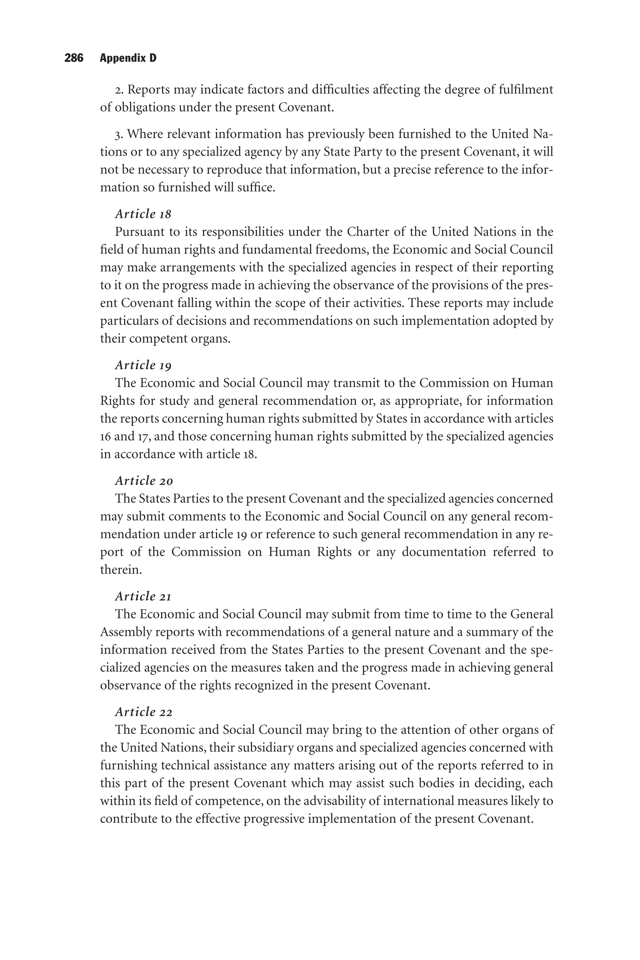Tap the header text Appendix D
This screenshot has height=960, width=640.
coord(128,58)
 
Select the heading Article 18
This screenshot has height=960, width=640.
coord(143,214)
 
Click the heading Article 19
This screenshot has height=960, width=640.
coord(143,365)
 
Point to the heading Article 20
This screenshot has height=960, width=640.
coord(144,481)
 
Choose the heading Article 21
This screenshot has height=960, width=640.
coord(143,596)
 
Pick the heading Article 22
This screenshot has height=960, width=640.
coord(144,712)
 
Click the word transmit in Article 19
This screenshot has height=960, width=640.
coord(352,383)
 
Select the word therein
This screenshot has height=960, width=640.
coord(121,570)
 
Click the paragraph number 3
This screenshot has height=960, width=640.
coord(118,134)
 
